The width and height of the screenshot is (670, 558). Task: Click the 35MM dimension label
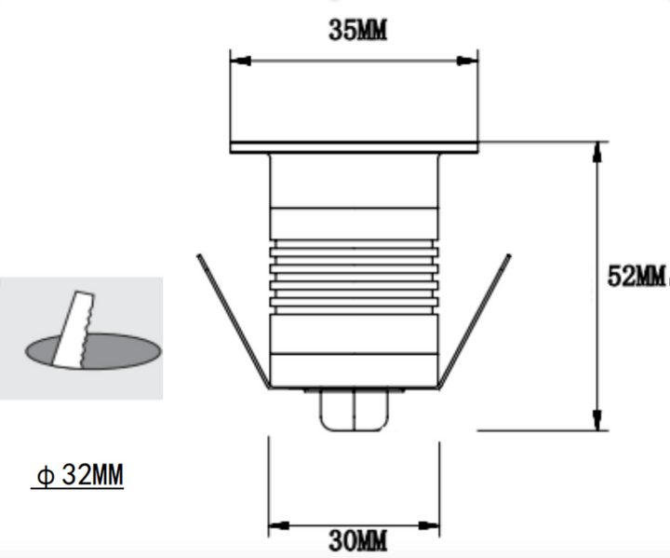pos(357,30)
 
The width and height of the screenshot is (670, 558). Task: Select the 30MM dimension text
pos(357,540)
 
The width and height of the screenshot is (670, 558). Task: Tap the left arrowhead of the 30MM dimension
pos(277,526)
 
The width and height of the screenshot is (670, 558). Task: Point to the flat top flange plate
pos(354,147)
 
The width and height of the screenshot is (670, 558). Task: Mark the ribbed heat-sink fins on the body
pos(354,272)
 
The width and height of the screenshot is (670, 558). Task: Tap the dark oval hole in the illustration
pos(112,352)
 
